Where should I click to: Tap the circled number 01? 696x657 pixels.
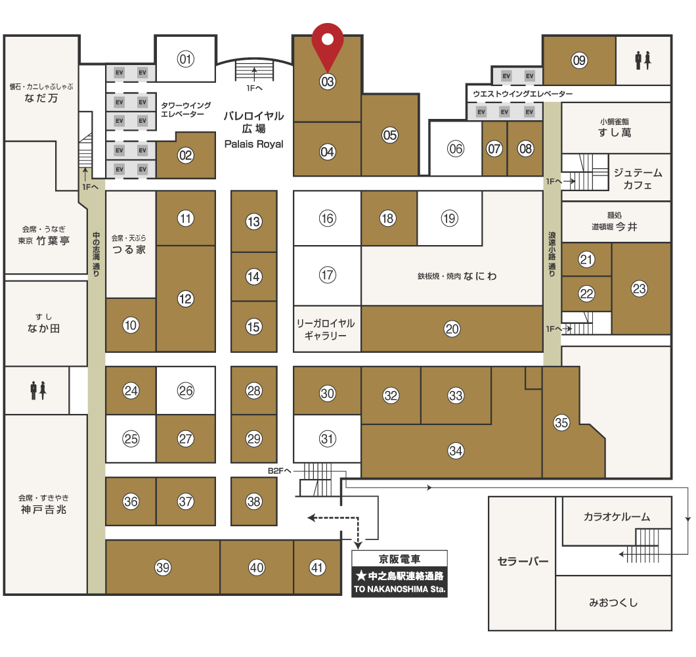point(186,59)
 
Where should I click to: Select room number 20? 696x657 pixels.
point(452,328)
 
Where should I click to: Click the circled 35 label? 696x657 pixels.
point(561,422)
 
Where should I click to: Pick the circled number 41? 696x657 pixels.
point(317,567)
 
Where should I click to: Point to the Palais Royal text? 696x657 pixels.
point(254,144)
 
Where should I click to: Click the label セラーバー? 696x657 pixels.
point(523,561)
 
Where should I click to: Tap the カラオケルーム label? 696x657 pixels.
point(617,516)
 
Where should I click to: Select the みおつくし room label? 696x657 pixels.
point(613,602)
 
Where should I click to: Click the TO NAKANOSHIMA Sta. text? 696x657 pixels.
point(399,589)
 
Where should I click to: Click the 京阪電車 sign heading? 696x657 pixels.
point(399,559)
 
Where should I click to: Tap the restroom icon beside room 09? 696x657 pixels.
point(643,60)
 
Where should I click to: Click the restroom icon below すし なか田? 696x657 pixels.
point(38,390)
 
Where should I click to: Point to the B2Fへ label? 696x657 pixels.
point(279,470)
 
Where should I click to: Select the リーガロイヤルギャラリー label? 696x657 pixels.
point(326,329)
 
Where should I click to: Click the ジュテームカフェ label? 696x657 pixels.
point(638,179)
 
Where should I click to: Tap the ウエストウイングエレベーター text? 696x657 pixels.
point(523,94)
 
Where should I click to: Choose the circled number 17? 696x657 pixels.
point(327,275)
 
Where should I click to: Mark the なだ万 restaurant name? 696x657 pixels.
point(41,98)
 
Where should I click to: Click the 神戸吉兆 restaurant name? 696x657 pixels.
point(43,509)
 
